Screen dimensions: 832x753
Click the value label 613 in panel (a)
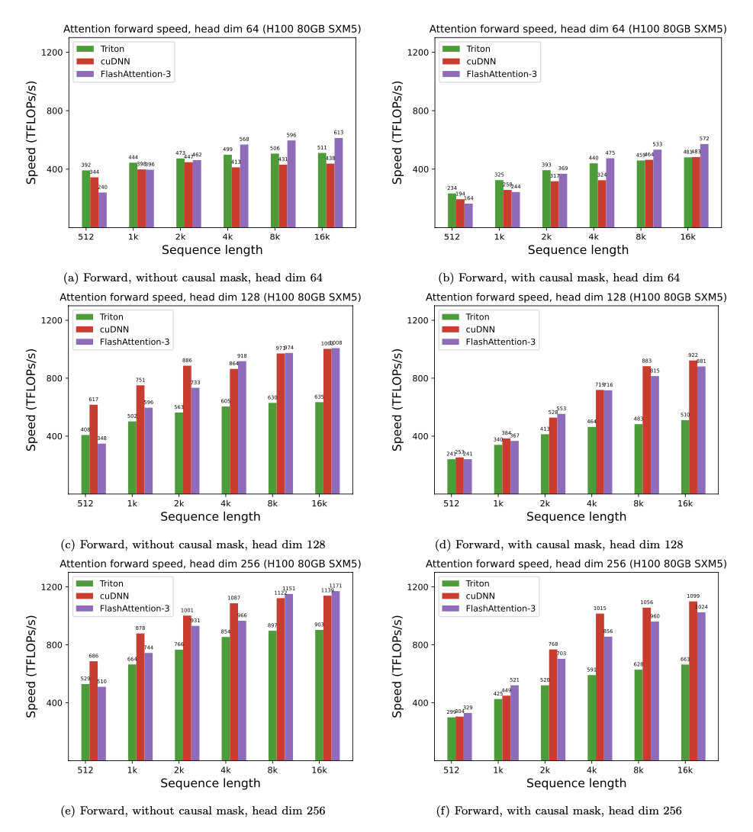pyautogui.click(x=339, y=133)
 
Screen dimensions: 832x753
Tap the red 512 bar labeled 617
pyautogui.click(x=94, y=449)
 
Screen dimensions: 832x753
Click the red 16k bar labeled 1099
pyautogui.click(x=693, y=681)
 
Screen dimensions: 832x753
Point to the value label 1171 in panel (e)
pyautogui.click(x=336, y=586)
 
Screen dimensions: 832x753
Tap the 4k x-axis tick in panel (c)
pyautogui.click(x=225, y=505)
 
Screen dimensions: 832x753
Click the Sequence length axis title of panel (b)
pyautogui.click(x=578, y=250)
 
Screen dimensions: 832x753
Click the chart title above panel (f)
pyautogui.click(x=576, y=564)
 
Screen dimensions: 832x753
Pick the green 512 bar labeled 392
pyautogui.click(x=85, y=198)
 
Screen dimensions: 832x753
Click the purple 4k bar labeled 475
pyautogui.click(x=610, y=192)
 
